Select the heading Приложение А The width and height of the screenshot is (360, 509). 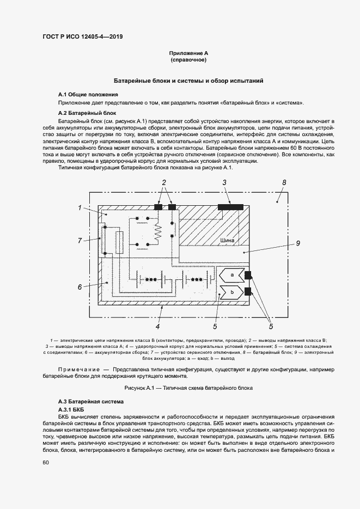click(x=189, y=53)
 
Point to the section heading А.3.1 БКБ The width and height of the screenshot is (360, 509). click(x=71, y=408)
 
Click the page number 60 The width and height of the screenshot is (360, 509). click(x=46, y=462)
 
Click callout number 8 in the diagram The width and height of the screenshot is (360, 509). click(x=284, y=183)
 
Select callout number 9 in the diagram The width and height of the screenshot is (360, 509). click(x=298, y=243)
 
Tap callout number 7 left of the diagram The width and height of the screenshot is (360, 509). click(x=80, y=240)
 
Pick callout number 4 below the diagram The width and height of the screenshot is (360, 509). click(x=157, y=327)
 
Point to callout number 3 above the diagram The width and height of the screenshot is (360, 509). click(x=224, y=183)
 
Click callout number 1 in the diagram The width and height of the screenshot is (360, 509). click(x=80, y=207)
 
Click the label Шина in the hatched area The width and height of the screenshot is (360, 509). click(x=228, y=240)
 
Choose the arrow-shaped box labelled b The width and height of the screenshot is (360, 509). click(x=232, y=293)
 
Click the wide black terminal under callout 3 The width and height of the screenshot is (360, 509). click(x=230, y=207)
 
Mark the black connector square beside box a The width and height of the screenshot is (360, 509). click(x=248, y=275)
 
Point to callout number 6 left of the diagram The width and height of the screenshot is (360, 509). click(x=80, y=287)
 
